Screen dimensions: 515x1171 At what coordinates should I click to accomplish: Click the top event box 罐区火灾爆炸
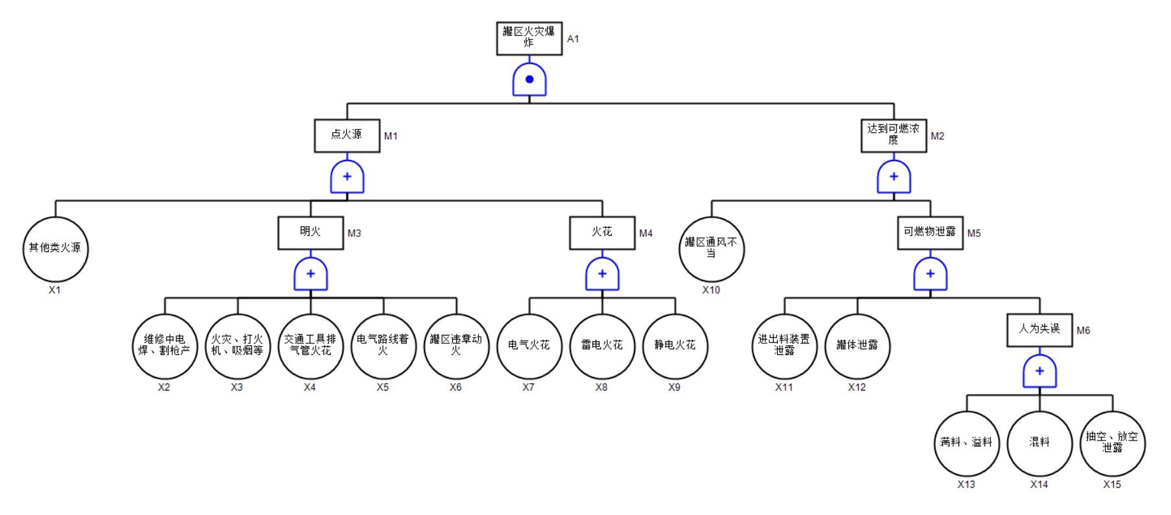point(529,38)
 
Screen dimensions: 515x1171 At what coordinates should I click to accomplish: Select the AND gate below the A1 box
point(529,80)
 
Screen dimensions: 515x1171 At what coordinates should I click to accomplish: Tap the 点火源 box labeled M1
point(347,135)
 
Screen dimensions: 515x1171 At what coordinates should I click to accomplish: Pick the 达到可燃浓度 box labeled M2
point(893,135)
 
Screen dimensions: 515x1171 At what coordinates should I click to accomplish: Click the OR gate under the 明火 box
point(310,274)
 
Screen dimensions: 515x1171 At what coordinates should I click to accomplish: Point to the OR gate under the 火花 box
point(602,274)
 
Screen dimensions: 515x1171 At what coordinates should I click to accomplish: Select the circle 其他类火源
point(55,249)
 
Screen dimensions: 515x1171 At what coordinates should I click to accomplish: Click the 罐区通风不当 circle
point(711,249)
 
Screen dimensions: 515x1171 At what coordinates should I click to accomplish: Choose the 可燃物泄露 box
point(929,233)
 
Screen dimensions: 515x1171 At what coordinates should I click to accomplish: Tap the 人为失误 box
point(1039,330)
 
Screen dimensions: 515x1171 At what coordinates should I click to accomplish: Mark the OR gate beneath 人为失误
point(1039,371)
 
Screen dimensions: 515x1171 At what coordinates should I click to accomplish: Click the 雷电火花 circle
point(602,346)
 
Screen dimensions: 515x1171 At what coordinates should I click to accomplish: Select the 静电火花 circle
point(675,346)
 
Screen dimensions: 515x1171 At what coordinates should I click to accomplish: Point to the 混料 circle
point(1039,443)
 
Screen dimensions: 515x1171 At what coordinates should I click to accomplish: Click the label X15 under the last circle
point(1111,485)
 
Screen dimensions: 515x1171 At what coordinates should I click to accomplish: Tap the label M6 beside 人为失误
point(1083,330)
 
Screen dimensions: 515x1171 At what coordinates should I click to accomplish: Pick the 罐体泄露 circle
point(857,346)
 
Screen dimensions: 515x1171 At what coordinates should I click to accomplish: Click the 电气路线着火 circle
point(383,346)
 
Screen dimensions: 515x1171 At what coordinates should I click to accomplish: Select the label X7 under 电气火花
point(528,387)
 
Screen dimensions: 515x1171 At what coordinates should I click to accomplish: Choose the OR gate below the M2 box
point(893,177)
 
